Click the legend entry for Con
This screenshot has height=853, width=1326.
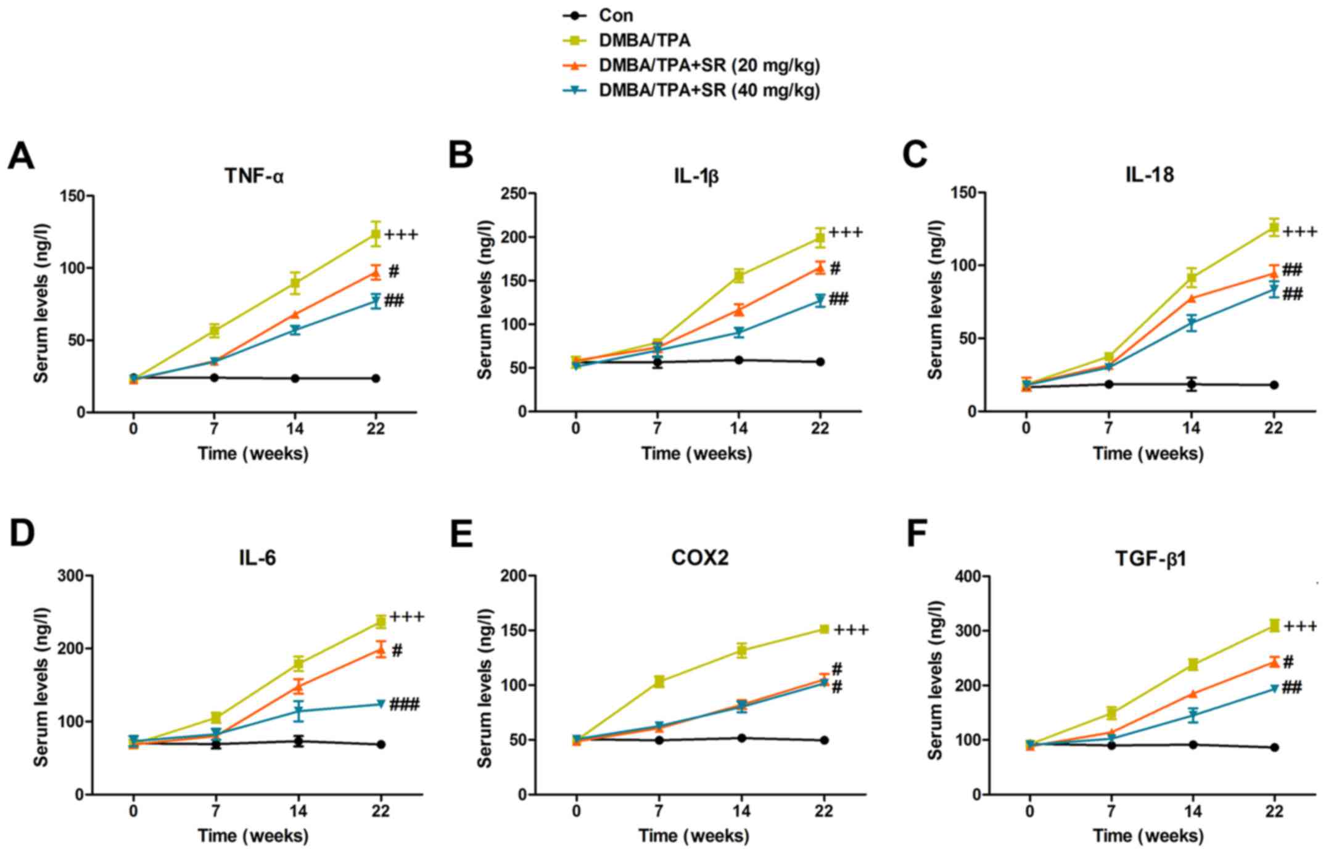(615, 15)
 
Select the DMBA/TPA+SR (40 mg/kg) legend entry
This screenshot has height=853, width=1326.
(709, 91)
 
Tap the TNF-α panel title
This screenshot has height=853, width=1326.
(253, 176)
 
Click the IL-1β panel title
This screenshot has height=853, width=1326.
(696, 176)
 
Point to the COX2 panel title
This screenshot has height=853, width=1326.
(699, 558)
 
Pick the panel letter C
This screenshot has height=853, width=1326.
(915, 154)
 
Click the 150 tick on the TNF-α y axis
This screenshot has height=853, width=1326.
(72, 196)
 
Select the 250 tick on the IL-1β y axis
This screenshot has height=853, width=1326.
(514, 194)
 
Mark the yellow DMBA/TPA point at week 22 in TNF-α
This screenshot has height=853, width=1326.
(376, 234)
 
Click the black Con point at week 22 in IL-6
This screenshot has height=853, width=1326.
(381, 744)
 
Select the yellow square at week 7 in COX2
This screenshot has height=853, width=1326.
(659, 682)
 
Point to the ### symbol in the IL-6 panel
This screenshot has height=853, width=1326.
(404, 704)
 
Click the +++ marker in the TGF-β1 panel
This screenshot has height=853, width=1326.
(1300, 627)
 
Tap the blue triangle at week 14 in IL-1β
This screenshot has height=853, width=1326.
(738, 332)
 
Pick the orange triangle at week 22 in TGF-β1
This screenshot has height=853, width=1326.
(1274, 662)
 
